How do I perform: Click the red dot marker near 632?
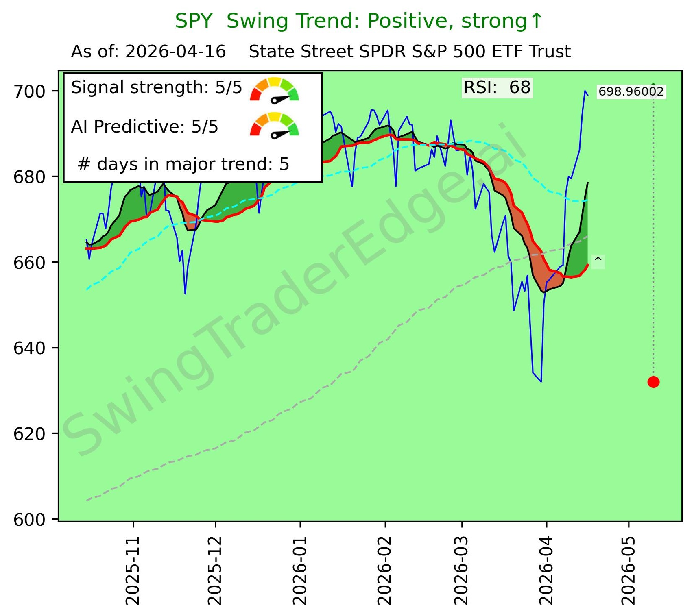click(653, 382)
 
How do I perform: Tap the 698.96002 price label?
click(631, 91)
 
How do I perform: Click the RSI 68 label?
click(497, 88)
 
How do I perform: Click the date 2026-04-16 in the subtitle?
click(175, 52)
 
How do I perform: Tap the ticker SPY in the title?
click(194, 21)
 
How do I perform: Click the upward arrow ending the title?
click(537, 20)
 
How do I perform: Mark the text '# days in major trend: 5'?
click(183, 164)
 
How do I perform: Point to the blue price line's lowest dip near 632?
click(541, 381)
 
